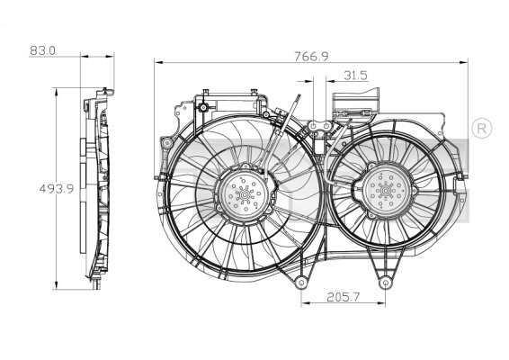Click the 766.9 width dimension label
pos(308,55)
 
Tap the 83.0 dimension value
pos(42,50)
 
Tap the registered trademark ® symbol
pos(481,128)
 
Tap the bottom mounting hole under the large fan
pos(299,284)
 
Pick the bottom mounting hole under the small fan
pos(386,284)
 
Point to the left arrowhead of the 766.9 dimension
pos(158,62)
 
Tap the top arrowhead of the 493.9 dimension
pos(59,90)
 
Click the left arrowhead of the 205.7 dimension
pos(303,301)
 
